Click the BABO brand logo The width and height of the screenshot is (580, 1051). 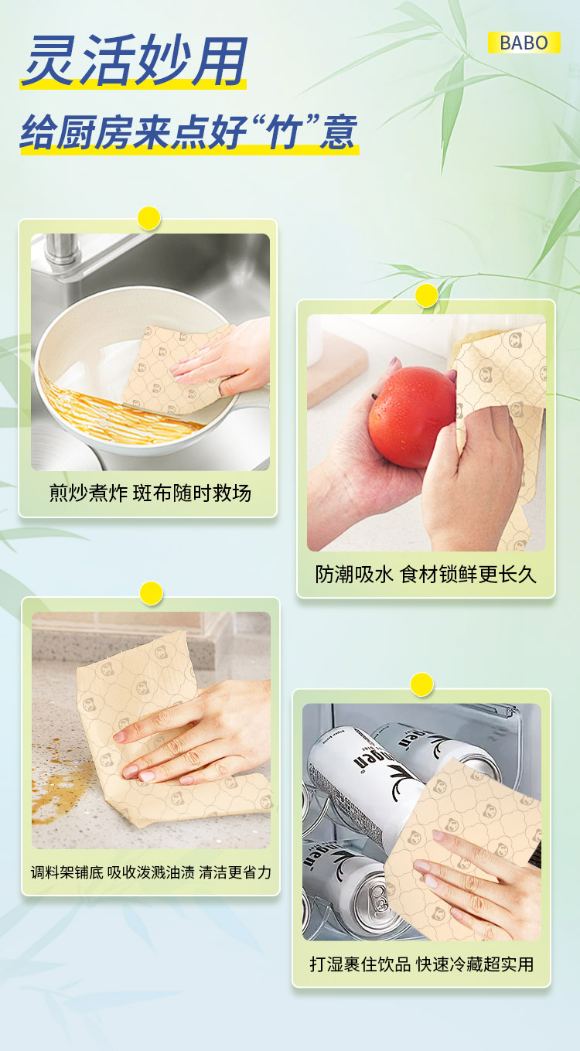pyautogui.click(x=524, y=43)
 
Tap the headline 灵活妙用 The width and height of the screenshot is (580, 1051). pyautogui.click(x=135, y=61)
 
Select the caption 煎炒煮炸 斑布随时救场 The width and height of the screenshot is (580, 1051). pyautogui.click(x=150, y=493)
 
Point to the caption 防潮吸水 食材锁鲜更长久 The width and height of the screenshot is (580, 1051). pyautogui.click(x=425, y=575)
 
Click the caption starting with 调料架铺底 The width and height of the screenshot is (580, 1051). pyautogui.click(x=151, y=872)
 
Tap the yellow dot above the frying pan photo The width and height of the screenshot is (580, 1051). pyautogui.click(x=149, y=218)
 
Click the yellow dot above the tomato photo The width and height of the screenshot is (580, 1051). pyautogui.click(x=427, y=295)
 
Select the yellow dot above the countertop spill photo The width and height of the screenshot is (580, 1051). pyautogui.click(x=151, y=593)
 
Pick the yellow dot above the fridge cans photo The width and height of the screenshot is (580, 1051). pyautogui.click(x=422, y=684)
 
